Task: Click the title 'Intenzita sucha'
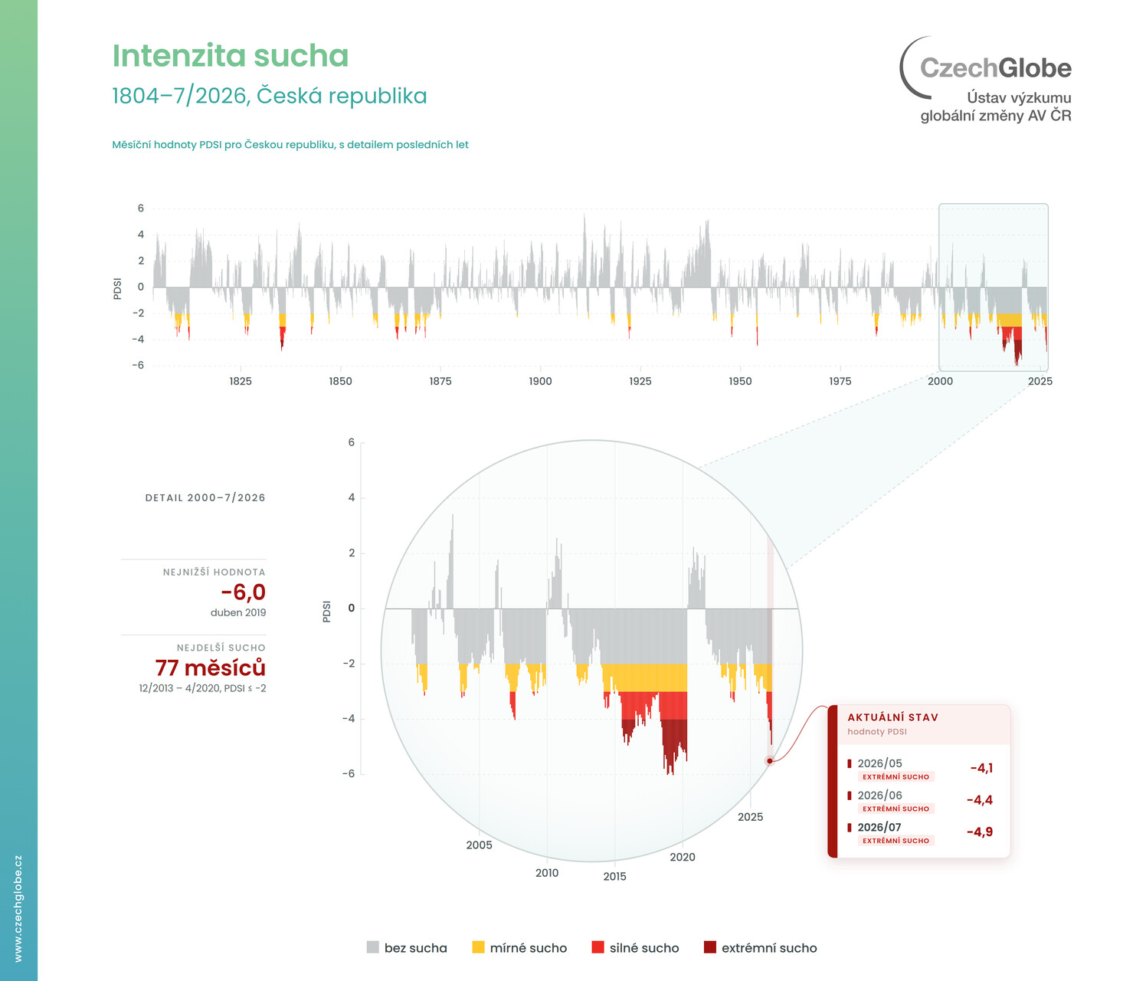pos(230,55)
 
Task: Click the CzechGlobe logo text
pos(995,67)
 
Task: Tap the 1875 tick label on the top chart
pos(440,381)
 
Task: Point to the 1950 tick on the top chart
pos(740,381)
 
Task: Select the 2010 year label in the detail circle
pos(547,872)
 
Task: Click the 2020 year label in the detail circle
pos(682,857)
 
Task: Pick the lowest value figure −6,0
pos(244,592)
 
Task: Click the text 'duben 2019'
pos(238,612)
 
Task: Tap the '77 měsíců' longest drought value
pos(211,667)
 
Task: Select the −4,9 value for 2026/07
pos(980,832)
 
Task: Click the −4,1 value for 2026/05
pos(981,768)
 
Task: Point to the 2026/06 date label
pos(880,796)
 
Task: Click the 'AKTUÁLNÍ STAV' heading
pos(893,717)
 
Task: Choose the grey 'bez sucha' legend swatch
pos(372,947)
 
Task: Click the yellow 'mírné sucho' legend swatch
pos(478,947)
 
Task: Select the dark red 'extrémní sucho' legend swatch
pos(709,947)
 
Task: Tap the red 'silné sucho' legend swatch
pos(598,947)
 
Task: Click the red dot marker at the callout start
pos(770,761)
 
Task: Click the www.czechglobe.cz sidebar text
pos(18,908)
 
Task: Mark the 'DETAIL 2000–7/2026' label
pos(205,497)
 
